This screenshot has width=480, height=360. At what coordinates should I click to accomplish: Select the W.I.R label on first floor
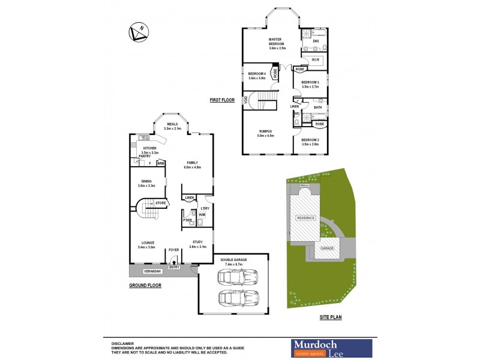pyautogui.click(x=315, y=59)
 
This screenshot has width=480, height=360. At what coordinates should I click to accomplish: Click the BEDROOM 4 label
pyautogui.click(x=257, y=74)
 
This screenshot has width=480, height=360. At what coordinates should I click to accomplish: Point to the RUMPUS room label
pyautogui.click(x=266, y=131)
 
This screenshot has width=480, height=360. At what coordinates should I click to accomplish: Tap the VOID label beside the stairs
pyautogui.click(x=245, y=99)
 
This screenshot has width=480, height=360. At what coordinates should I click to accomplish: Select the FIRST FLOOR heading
pyautogui.click(x=222, y=100)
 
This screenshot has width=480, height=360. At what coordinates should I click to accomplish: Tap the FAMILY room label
pyautogui.click(x=192, y=163)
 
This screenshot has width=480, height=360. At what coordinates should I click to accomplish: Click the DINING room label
pyautogui.click(x=146, y=181)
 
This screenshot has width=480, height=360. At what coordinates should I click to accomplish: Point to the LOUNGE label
pyautogui.click(x=147, y=242)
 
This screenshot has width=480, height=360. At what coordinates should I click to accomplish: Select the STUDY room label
pyautogui.click(x=197, y=242)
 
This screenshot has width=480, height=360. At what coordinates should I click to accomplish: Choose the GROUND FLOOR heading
pyautogui.click(x=145, y=286)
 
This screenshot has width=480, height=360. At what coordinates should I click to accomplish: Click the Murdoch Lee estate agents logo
pyautogui.click(x=331, y=347)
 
